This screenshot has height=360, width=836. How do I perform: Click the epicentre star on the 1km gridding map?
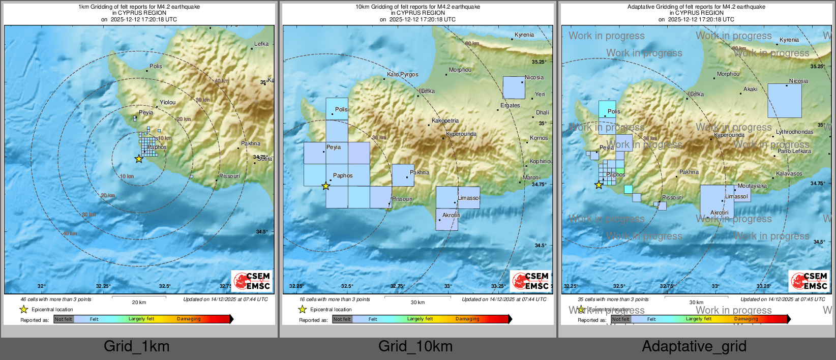coord(139,159)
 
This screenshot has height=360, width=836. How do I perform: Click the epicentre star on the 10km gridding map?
coord(326,186)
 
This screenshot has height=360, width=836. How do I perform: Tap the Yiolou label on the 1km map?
coord(167,102)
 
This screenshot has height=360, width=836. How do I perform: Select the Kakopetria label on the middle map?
coord(445,121)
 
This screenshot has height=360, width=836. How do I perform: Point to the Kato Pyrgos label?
coord(402,74)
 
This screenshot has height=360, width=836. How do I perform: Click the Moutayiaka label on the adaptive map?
coord(752,186)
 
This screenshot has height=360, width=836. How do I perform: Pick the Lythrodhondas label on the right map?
coord(794,132)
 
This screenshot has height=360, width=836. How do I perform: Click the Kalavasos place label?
coord(789,174)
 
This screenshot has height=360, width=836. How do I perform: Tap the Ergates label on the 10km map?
coord(510,105)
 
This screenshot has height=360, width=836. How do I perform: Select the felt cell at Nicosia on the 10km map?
coord(514,87)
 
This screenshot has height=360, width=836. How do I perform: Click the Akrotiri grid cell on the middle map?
coord(446,219)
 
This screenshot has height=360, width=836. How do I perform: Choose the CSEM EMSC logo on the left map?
coord(252,281)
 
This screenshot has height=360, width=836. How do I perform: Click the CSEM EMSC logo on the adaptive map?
coord(810,281)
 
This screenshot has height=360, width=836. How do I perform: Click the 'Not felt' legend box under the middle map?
coord(342,319)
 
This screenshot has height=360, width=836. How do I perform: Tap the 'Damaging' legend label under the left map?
coord(189,319)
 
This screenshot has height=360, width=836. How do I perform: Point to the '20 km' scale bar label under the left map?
coord(139,302)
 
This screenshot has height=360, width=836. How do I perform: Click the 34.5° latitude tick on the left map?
coord(261,231)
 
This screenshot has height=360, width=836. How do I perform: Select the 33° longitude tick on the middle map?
coord(447,286)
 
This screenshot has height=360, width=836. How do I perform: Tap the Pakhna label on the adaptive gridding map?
coord(689,172)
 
